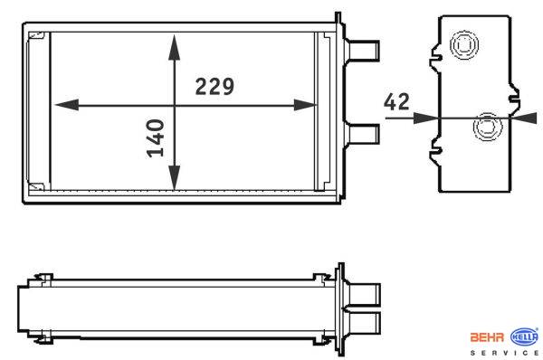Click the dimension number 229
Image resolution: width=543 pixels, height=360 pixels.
[x=214, y=87]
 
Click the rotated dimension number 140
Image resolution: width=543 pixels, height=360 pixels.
[x=156, y=138]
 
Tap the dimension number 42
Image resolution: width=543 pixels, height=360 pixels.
[x=396, y=102]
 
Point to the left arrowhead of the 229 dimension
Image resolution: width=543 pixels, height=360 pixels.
[x=67, y=105]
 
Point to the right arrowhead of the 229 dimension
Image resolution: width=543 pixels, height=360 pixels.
[x=305, y=105]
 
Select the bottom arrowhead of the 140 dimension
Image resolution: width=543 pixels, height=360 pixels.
[x=174, y=177]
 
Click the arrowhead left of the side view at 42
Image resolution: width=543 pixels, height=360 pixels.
[x=426, y=118]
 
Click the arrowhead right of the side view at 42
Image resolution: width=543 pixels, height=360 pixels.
[x=524, y=118]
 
